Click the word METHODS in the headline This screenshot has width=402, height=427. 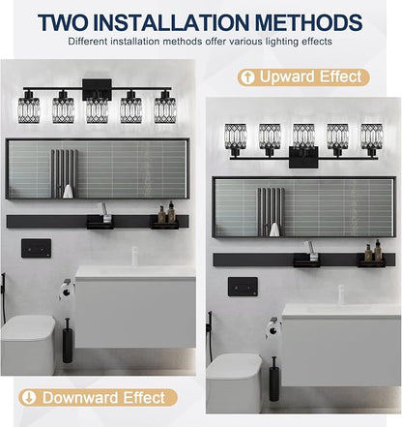point(308,22)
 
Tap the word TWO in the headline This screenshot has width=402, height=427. point(63,22)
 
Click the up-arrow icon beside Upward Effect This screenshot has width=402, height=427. point(247,77)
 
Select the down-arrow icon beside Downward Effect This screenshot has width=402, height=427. point(29,398)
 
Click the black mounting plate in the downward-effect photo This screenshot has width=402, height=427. point(97,89)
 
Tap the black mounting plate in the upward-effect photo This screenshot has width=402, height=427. point(303,157)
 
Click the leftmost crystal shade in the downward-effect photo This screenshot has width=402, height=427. point(29,109)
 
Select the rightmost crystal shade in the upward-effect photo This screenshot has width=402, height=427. point(371,137)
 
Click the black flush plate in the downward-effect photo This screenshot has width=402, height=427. point(36,248)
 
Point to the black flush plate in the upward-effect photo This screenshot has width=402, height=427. point(243,287)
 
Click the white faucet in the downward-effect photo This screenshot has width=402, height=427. point(134,257)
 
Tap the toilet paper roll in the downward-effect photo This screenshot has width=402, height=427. point(66,292)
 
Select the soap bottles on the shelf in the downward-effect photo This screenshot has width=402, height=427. point(166,213)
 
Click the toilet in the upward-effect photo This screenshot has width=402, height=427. point(234,382)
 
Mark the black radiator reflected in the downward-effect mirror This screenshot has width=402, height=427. point(64,173)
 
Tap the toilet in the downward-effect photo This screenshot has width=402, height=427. point(28,345)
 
